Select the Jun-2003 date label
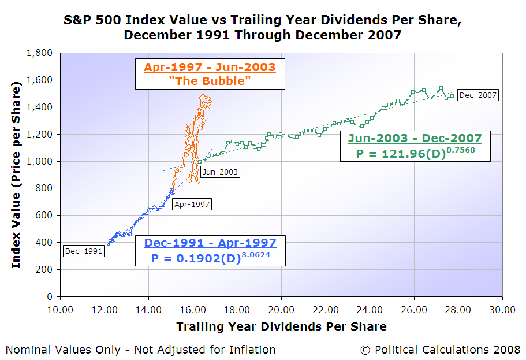220,172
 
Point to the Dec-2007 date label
477,95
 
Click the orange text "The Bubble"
210,81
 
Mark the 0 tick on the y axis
49,296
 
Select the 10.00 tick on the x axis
60,310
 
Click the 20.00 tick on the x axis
281,310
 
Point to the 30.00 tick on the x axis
502,310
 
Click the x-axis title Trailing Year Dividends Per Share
281,327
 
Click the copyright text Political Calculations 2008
440,350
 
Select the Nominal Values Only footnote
140,350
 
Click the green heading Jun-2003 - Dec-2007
414,138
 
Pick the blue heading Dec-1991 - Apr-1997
210,243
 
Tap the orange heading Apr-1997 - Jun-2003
210,67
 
